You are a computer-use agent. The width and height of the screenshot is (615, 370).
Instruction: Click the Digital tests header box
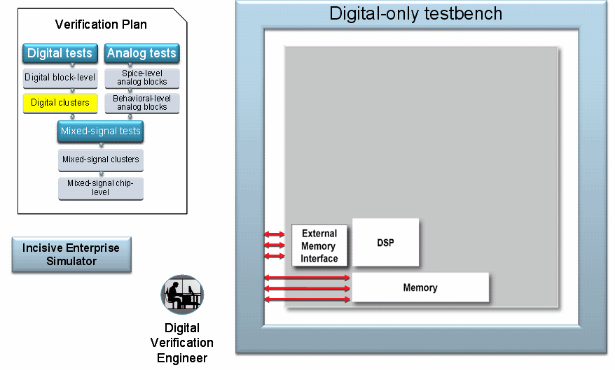point(60,53)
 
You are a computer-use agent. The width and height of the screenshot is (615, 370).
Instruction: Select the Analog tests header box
point(141,53)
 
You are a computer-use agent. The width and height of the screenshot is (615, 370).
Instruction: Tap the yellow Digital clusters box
point(60,103)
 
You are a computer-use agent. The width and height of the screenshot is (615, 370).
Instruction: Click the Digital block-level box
point(60,78)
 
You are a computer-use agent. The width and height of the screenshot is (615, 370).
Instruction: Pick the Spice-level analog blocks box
point(141,78)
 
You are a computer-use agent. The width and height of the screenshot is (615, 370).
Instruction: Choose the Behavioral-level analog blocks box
point(141,103)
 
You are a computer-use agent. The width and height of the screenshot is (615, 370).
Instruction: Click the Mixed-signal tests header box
point(100,131)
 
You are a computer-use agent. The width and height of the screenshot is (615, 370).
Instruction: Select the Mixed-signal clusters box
point(100,159)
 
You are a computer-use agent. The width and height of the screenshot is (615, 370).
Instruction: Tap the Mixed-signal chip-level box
point(100,187)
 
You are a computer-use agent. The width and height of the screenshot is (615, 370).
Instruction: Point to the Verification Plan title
point(101,24)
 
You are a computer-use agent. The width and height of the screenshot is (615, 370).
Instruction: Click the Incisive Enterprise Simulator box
point(71,255)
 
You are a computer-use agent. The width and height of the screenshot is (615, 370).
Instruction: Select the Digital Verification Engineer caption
point(182,343)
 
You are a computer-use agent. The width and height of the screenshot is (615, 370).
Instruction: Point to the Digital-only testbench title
point(415,13)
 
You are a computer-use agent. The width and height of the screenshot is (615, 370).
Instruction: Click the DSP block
point(385,243)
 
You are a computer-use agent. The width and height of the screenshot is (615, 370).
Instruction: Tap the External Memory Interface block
point(319,246)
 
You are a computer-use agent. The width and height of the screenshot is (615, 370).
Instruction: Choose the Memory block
point(420,287)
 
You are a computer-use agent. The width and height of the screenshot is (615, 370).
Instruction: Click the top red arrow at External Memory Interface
point(275,234)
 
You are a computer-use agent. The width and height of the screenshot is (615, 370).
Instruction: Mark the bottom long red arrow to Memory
point(307,299)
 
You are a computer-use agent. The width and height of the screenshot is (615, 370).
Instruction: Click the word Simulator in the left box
point(71,261)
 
